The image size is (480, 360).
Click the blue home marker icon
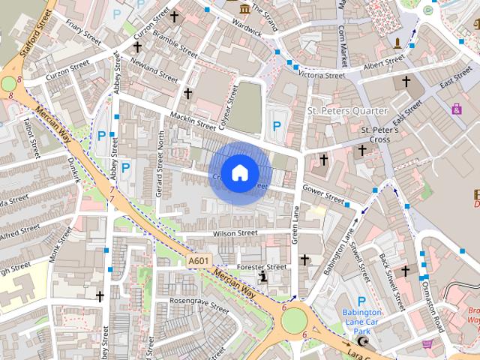pos(239,173)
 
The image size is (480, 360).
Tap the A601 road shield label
pos(199,260)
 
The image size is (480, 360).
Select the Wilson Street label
pos(235,234)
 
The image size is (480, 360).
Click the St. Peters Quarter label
pos(347,111)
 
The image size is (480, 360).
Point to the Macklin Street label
pos(193,120)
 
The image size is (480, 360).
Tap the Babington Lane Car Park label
pos(362,322)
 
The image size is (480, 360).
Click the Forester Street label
pos(262,266)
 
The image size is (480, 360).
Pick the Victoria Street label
pos(321,75)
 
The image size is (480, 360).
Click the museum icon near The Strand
pos(246,8)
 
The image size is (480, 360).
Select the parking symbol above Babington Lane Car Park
pos(361,300)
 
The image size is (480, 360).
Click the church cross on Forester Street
pos(304,259)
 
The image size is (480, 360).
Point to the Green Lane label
pos(296,224)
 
